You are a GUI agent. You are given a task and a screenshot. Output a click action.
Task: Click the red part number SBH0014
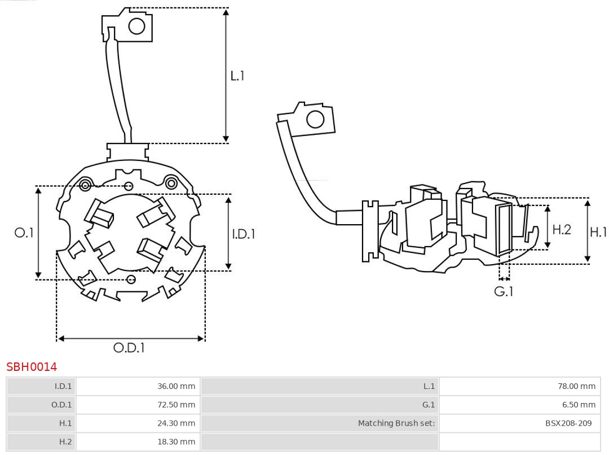click(x=32, y=367)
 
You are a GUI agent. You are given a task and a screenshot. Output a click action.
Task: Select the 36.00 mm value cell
click(x=176, y=386)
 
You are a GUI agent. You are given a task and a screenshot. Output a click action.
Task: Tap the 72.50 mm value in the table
click(x=176, y=405)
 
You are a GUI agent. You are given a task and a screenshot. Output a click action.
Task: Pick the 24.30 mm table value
click(x=176, y=423)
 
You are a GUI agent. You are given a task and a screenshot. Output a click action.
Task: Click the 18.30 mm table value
click(x=176, y=441)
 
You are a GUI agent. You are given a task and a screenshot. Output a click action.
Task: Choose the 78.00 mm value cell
click(x=576, y=386)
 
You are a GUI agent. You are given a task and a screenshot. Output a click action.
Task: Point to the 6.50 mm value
click(x=578, y=405)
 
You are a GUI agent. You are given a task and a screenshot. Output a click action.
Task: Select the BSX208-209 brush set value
click(x=568, y=423)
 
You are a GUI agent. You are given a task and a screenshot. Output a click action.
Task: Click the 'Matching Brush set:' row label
click(x=396, y=423)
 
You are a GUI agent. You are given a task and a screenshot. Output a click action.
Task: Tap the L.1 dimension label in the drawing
click(x=237, y=75)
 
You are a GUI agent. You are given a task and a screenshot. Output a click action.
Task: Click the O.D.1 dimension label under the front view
click(x=129, y=348)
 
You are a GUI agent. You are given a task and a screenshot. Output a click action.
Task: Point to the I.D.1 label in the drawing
click(x=244, y=233)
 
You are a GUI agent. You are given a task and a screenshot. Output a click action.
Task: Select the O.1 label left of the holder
click(x=24, y=232)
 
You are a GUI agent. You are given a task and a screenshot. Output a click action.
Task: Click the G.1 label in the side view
click(x=504, y=291)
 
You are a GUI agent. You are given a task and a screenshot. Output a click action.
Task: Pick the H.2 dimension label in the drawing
click(x=562, y=229)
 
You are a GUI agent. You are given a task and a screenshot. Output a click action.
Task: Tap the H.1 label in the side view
click(x=598, y=231)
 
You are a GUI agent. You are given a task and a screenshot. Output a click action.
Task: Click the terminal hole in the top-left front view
click(x=137, y=26)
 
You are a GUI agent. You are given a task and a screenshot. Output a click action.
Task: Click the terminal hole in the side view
click(x=315, y=120)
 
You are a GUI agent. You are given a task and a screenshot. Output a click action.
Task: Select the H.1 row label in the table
click(x=65, y=423)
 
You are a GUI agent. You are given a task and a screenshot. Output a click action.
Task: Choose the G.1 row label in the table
click(x=429, y=405)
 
